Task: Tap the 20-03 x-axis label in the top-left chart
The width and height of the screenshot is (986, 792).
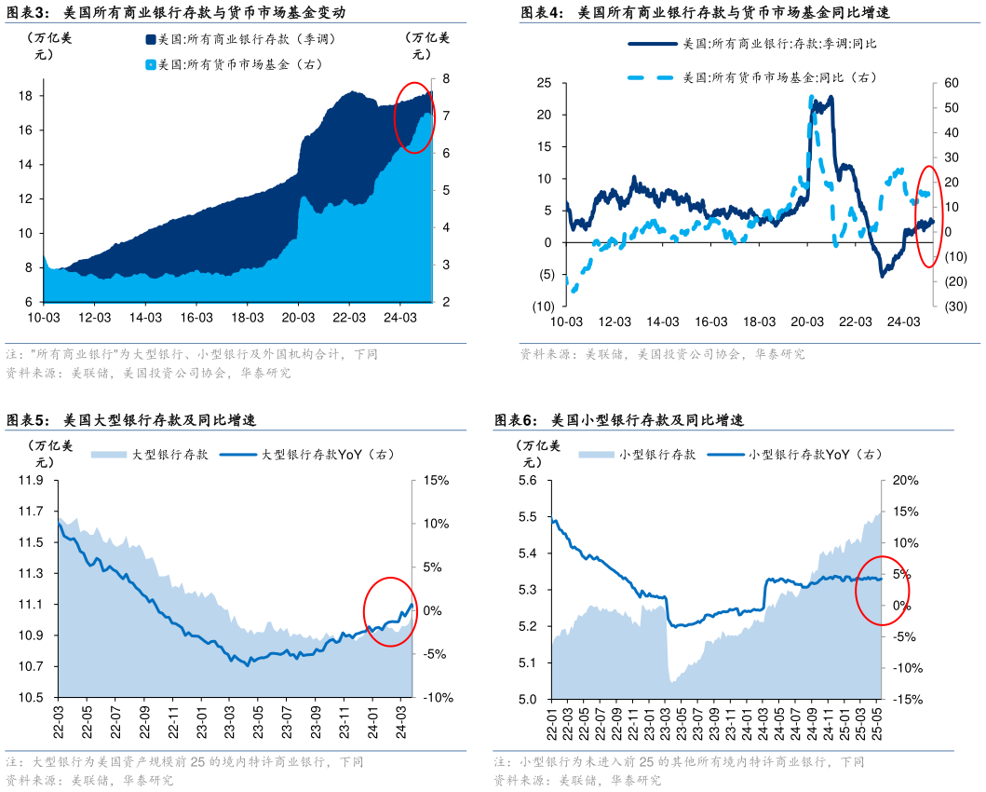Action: pos(297,318)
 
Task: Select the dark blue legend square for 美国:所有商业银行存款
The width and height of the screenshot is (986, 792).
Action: pos(150,39)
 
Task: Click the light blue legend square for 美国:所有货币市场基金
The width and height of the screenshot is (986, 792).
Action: pos(150,64)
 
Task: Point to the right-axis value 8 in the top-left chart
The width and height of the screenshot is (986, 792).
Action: pos(446,78)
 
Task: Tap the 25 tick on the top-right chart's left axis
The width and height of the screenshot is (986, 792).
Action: pos(545,84)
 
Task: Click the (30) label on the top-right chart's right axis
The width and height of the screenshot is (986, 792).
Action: pos(952,306)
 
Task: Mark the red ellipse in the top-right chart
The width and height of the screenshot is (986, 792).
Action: pos(927,215)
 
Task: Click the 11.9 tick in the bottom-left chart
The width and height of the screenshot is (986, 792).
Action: pos(32,480)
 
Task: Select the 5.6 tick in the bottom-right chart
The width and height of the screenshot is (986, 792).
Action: pos(528,480)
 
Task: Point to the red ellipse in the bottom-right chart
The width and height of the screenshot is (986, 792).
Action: pos(882,590)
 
